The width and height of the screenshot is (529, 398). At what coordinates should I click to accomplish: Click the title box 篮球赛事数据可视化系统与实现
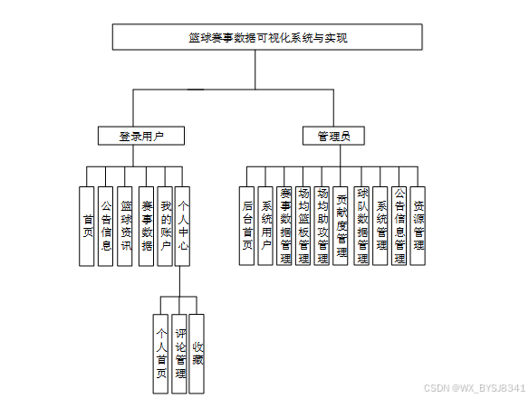pos(267,37)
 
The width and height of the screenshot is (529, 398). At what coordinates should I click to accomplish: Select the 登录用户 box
pos(141,136)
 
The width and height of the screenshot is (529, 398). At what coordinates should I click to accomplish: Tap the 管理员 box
pos(333,136)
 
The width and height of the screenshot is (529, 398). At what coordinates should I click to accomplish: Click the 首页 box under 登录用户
pos(87,226)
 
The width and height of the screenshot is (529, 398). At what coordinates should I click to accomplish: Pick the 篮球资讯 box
pos(124,226)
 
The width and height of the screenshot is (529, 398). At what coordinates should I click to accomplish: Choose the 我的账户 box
pos(165,226)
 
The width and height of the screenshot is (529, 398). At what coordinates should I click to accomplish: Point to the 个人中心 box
pos(182,226)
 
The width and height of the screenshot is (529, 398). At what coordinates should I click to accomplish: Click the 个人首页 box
pos(160,354)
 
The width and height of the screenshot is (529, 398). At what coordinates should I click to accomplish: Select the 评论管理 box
pos(179,354)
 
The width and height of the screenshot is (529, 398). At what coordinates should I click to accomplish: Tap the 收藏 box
pos(197,354)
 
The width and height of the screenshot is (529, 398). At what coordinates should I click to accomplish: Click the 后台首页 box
pos(246,226)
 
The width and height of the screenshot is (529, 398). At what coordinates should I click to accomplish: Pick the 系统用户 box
pos(265,226)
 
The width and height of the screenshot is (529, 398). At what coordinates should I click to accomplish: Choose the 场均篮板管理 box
pos(303,226)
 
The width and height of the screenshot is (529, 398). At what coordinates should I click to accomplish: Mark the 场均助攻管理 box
pos(322,226)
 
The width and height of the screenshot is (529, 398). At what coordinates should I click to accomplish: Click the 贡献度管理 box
pos(341,226)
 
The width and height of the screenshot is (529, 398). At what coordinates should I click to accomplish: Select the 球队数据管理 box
pos(361,226)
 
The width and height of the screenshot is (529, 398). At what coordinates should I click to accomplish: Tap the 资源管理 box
pos(418,226)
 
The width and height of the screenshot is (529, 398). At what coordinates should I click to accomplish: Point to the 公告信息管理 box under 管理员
pos(399,226)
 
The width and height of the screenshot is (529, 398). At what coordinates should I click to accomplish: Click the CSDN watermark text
pos(475,388)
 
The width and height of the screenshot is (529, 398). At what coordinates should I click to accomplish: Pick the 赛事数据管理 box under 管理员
pos(284,226)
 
